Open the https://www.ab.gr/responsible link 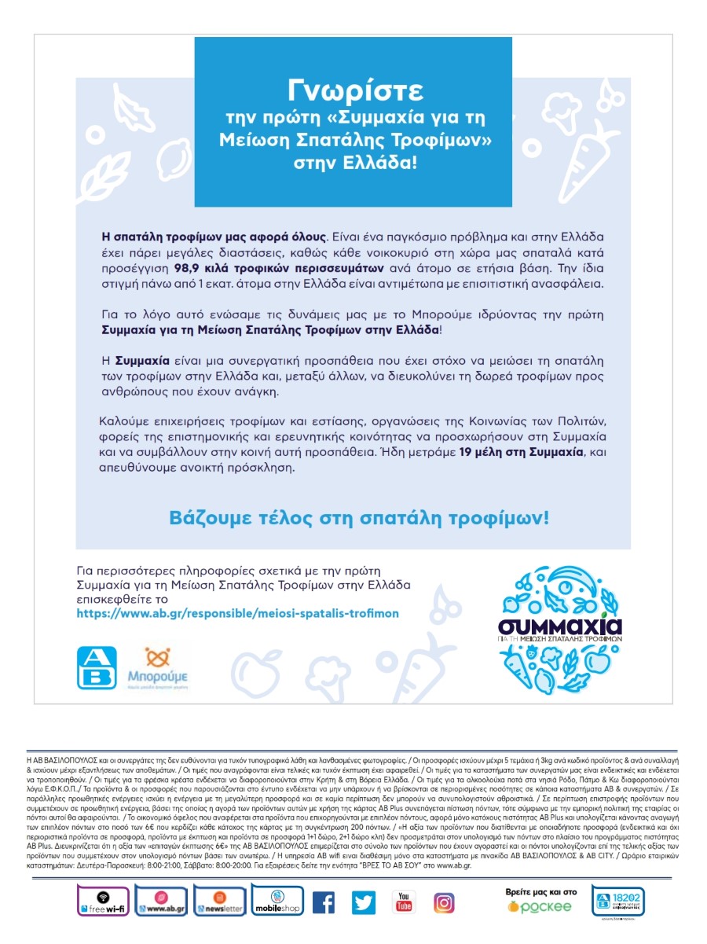(237, 613)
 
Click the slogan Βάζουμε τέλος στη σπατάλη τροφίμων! (359, 519)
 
